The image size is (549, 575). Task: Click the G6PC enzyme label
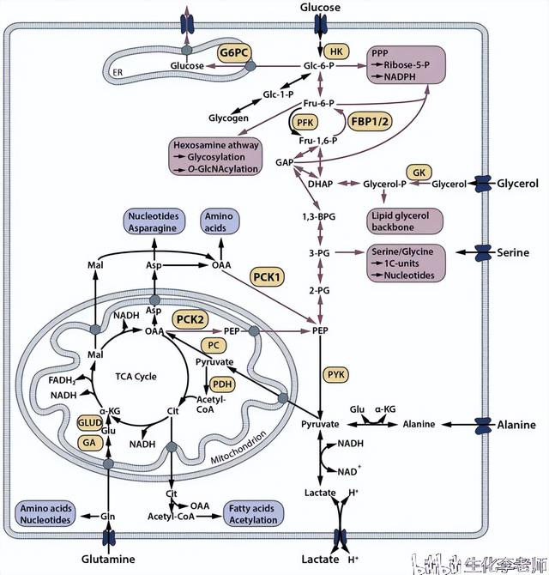[234, 52]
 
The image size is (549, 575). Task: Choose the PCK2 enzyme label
[190, 318]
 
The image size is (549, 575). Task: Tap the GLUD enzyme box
[90, 423]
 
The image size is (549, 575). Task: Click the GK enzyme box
[419, 172]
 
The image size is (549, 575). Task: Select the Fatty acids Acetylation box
[253, 513]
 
